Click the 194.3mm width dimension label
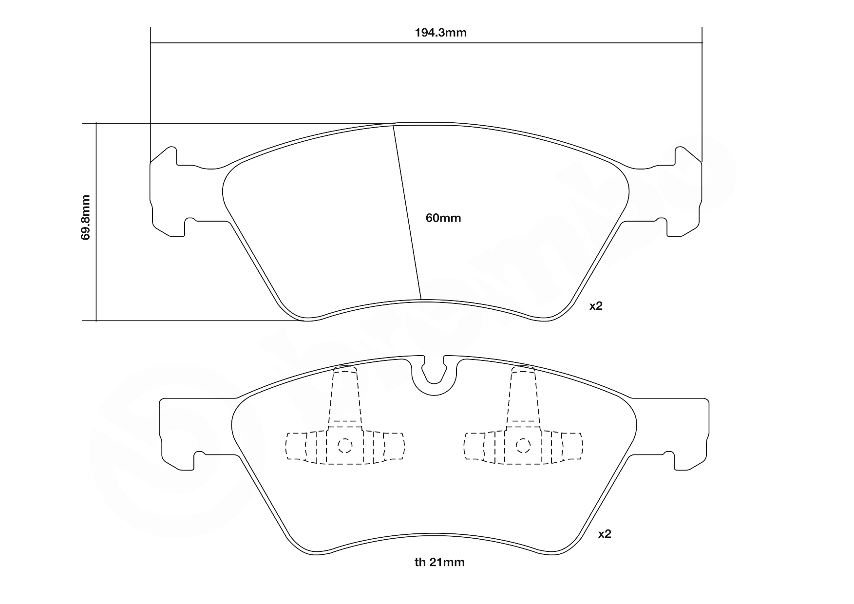click(x=440, y=33)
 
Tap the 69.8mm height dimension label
click(x=86, y=217)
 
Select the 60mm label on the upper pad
click(x=443, y=218)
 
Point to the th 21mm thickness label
click(x=439, y=563)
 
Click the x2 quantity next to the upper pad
click(x=596, y=306)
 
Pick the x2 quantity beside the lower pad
click(x=604, y=534)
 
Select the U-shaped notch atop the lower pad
click(x=434, y=377)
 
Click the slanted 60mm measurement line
click(x=407, y=212)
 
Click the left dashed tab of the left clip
click(x=295, y=446)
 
